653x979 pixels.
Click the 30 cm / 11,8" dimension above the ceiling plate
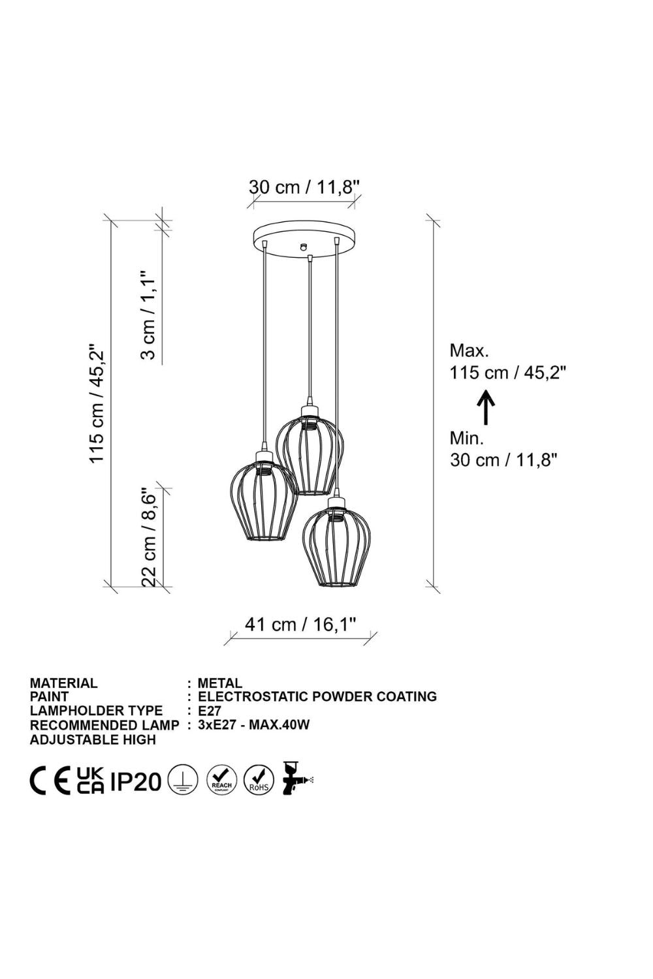pos(304,187)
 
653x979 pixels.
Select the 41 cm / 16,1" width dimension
pos(300,624)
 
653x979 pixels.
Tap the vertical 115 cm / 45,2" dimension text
pos(97,402)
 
